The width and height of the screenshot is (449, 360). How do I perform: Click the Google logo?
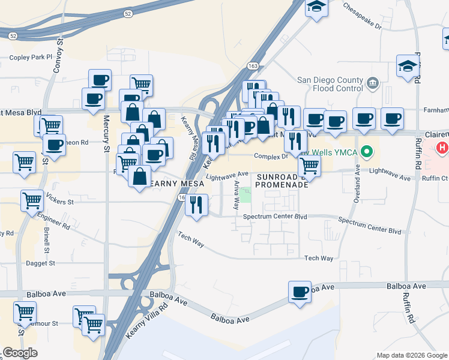tap(20, 353)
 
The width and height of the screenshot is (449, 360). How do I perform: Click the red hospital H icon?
tap(442, 148)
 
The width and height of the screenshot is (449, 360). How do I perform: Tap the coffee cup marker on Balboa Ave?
tap(300, 293)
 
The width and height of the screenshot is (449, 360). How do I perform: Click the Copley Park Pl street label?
tap(31, 58)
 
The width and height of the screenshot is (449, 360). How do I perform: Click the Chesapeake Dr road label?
tap(363, 17)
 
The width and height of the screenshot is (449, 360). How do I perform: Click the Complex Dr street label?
tap(271, 156)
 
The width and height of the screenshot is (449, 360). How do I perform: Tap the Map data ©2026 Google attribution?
tap(411, 355)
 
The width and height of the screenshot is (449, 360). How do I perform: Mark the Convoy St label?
tap(58, 55)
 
